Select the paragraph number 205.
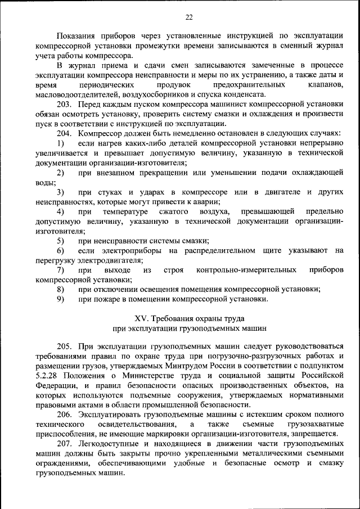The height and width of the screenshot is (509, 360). (65, 345)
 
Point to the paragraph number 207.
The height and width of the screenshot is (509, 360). (65, 443)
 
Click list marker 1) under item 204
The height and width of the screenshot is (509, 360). (60, 143)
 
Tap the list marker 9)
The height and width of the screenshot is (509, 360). (60, 299)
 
